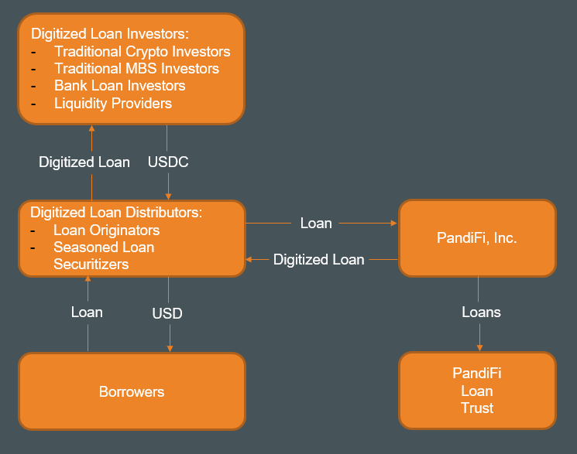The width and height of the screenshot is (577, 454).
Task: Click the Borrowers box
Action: (x=132, y=391)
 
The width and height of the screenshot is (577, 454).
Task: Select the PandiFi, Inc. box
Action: (x=477, y=238)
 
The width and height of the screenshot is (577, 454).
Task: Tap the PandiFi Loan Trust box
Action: (x=477, y=391)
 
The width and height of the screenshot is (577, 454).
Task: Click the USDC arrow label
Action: (x=168, y=162)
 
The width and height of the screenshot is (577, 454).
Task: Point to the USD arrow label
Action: (x=167, y=313)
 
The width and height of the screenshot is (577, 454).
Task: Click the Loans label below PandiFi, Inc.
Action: (x=481, y=312)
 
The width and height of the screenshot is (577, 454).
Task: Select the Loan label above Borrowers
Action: (x=87, y=312)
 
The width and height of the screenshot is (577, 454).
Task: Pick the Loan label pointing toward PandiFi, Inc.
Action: (x=316, y=224)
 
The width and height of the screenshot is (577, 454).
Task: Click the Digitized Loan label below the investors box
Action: (x=84, y=162)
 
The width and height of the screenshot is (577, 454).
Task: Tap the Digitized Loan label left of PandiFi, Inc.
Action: (x=318, y=260)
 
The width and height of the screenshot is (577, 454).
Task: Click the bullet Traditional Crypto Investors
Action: (x=142, y=52)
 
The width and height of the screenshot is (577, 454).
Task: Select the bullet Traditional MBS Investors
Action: (x=136, y=69)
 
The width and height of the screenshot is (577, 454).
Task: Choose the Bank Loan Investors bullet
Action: (x=119, y=86)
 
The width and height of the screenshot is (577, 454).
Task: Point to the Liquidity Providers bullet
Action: (x=113, y=103)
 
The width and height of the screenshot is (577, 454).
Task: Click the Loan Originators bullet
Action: (x=106, y=230)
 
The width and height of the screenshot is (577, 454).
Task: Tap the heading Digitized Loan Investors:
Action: (x=109, y=34)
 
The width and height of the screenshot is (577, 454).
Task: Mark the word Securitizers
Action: (x=91, y=265)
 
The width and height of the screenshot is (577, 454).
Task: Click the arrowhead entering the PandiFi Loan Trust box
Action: (x=479, y=348)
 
